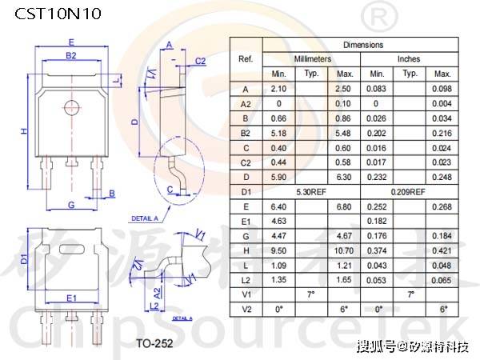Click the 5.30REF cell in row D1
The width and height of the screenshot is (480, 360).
pyautogui.click(x=311, y=192)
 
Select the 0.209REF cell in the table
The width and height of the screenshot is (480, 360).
pyautogui.click(x=409, y=192)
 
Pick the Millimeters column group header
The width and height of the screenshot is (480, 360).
pyautogui.click(x=311, y=59)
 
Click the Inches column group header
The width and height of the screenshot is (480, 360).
pyautogui.click(x=409, y=59)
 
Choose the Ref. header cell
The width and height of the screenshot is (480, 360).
pyautogui.click(x=246, y=59)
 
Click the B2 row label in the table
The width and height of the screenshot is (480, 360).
pyautogui.click(x=246, y=133)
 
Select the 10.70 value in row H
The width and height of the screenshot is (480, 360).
pyautogui.click(x=345, y=250)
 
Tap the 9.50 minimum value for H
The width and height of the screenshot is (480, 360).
pyautogui.click(x=278, y=250)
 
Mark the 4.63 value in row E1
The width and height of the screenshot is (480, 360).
pyautogui.click(x=278, y=221)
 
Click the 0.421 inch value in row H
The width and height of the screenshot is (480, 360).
pyautogui.click(x=442, y=250)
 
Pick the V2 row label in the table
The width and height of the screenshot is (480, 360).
pyautogui.click(x=246, y=309)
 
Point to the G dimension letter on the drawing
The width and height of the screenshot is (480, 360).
pyautogui.click(x=71, y=206)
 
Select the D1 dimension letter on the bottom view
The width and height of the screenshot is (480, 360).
pyautogui.click(x=24, y=261)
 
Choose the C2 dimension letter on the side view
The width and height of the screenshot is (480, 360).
pyautogui.click(x=201, y=61)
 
